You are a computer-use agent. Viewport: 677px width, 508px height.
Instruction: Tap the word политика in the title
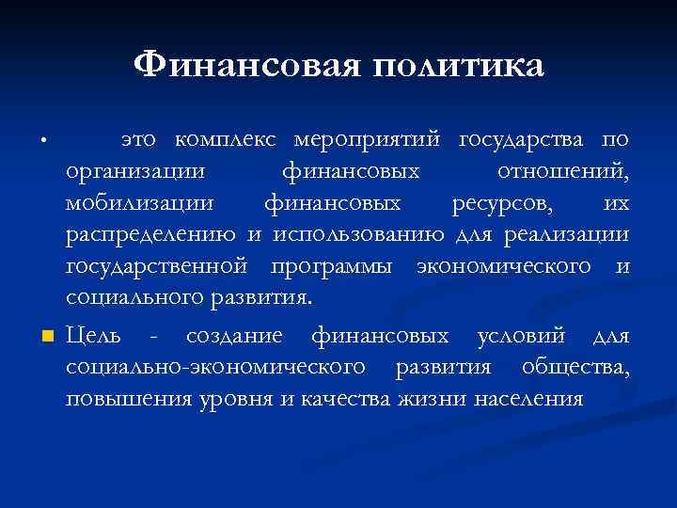click(458, 66)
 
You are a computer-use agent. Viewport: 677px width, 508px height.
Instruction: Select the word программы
click(331, 266)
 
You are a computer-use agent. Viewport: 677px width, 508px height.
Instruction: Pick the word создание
click(239, 337)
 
